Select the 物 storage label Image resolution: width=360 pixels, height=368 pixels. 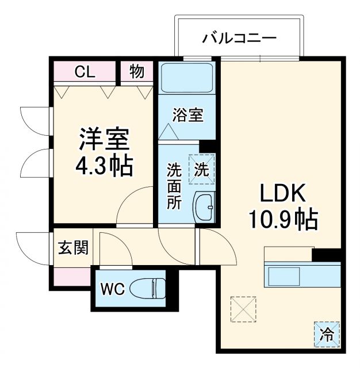137,72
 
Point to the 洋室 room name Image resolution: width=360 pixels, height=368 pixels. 104,139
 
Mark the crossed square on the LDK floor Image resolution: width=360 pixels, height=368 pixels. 242,309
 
